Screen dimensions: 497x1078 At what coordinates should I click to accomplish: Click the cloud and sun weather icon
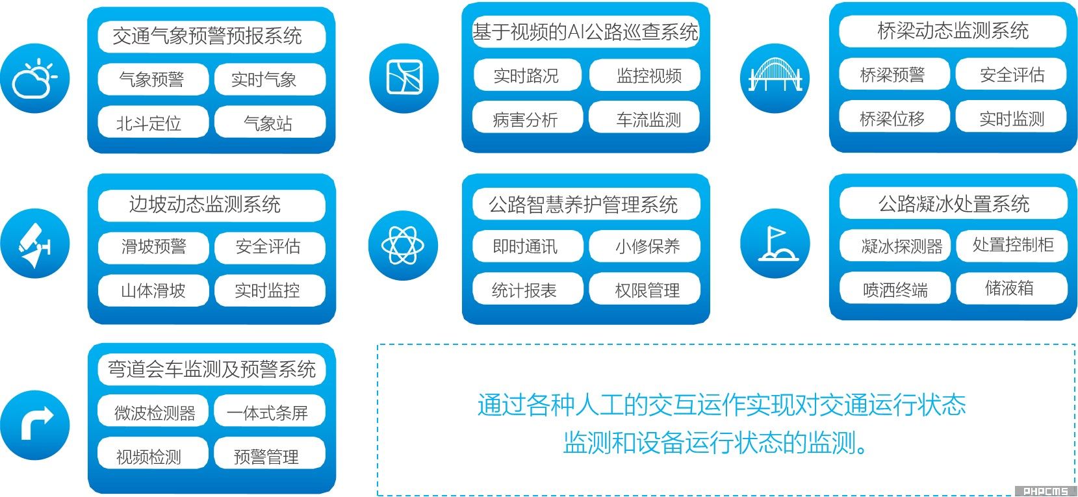click(35, 78)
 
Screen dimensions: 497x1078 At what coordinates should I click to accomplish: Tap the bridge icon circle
click(775, 78)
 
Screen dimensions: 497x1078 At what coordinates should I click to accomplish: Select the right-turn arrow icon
click(35, 424)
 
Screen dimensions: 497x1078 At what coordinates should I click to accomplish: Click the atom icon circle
click(404, 246)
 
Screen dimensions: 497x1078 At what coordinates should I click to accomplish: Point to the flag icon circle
click(775, 243)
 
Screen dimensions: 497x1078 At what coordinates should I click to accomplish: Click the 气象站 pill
click(269, 122)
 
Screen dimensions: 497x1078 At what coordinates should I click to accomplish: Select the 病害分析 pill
click(526, 118)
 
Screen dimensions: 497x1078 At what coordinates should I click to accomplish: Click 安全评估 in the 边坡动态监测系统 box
click(269, 247)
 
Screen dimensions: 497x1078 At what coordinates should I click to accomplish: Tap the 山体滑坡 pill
click(153, 290)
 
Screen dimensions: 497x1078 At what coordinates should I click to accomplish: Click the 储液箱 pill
click(1011, 288)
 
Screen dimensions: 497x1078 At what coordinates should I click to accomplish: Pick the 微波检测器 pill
click(153, 412)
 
